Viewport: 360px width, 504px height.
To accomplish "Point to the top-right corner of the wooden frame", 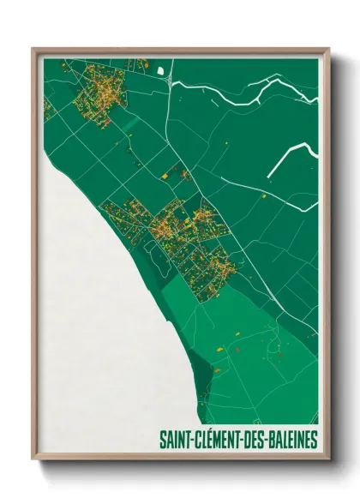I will (x=328, y=49).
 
